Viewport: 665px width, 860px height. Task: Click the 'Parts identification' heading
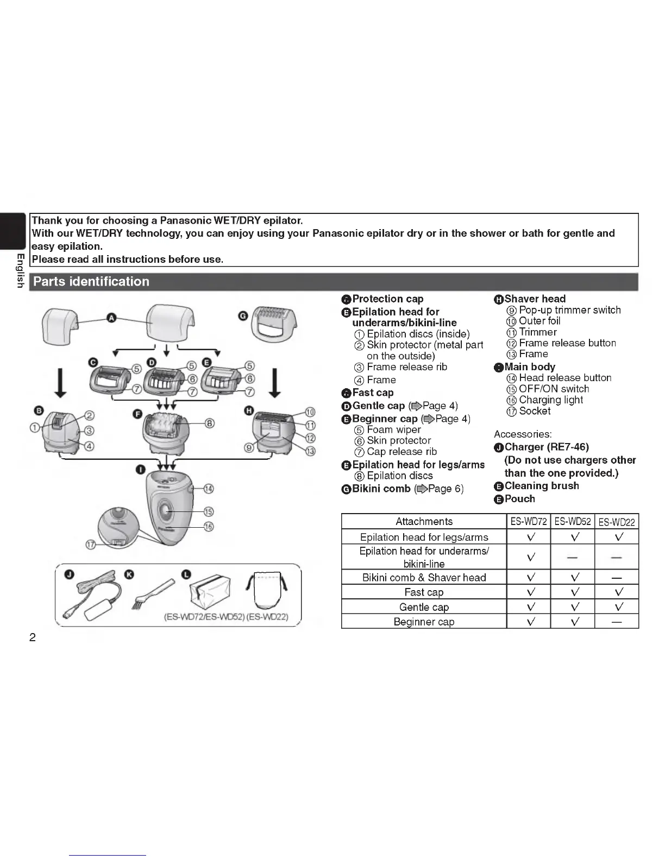pyautogui.click(x=91, y=282)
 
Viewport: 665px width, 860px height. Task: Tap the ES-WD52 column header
pyautogui.click(x=572, y=522)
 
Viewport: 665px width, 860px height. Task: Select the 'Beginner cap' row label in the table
pyautogui.click(x=424, y=622)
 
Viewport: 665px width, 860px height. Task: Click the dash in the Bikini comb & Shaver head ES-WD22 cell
pyautogui.click(x=616, y=578)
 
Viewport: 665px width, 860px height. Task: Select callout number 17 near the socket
pyautogui.click(x=92, y=545)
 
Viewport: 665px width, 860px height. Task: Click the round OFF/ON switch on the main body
pyautogui.click(x=165, y=511)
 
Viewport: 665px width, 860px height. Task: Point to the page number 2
pyautogui.click(x=33, y=637)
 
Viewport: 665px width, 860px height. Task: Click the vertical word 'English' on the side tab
pyautogui.click(x=20, y=270)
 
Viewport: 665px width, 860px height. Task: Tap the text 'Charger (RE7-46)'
pyautogui.click(x=547, y=447)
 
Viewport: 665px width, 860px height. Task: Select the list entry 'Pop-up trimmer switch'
pyautogui.click(x=569, y=310)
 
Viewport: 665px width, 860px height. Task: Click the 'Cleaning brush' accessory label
pyautogui.click(x=542, y=486)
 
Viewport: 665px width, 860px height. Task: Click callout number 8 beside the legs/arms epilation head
pyautogui.click(x=209, y=423)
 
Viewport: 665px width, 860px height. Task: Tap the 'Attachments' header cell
pyautogui.click(x=424, y=522)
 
